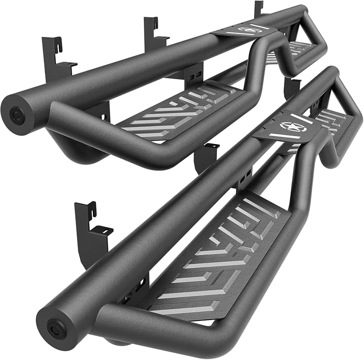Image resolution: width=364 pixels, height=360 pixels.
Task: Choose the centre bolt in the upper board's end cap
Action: [18, 114]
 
